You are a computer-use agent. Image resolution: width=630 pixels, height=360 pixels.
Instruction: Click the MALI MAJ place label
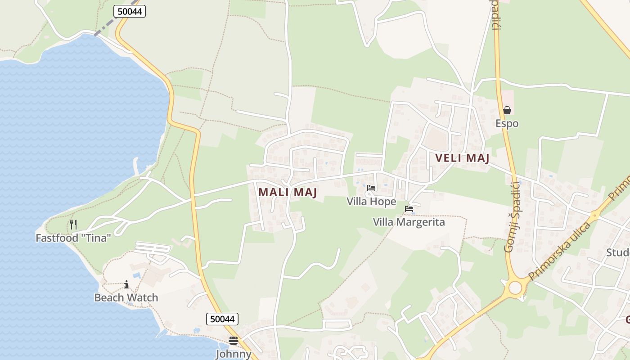tap(288, 192)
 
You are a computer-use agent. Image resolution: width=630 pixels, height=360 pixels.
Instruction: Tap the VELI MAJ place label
tap(462, 158)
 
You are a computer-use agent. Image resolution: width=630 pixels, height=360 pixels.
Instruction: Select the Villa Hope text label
tap(371, 202)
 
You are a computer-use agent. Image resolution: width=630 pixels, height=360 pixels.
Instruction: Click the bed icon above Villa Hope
tap(371, 188)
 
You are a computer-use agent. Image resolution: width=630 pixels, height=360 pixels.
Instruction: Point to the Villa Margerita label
tap(409, 222)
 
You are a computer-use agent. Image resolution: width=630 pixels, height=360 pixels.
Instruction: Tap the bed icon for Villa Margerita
tap(409, 209)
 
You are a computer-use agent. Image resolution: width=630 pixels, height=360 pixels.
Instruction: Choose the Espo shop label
tap(507, 123)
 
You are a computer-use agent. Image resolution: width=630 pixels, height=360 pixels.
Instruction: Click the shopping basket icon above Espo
tap(507, 110)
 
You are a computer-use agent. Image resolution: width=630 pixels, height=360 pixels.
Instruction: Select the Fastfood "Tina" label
tap(73, 238)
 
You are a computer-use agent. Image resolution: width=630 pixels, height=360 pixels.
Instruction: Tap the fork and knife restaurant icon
tap(73, 224)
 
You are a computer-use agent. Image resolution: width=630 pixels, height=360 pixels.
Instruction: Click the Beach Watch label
tap(126, 297)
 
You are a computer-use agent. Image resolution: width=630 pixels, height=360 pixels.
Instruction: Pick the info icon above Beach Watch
tap(126, 284)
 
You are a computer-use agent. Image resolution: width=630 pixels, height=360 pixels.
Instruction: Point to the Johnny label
tap(234, 354)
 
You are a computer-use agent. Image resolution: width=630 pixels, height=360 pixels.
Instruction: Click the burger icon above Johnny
tap(233, 341)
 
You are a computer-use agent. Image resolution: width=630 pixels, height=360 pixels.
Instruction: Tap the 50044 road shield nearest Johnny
tap(222, 319)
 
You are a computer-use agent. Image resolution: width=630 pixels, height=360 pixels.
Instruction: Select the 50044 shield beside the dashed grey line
tap(130, 11)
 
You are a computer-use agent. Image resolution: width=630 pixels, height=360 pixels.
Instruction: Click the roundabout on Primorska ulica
tap(515, 287)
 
